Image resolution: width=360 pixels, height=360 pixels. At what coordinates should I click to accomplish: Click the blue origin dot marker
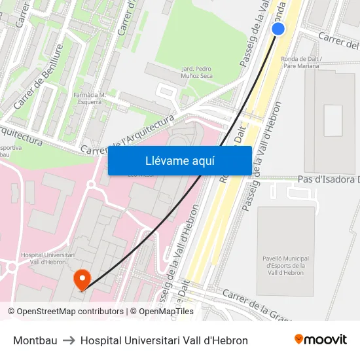point(278,29)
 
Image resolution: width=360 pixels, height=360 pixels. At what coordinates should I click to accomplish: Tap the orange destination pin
point(82,280)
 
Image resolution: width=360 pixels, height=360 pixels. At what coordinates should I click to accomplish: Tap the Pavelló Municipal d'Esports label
point(285,265)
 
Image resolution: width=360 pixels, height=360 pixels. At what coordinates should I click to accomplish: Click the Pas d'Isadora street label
point(328,179)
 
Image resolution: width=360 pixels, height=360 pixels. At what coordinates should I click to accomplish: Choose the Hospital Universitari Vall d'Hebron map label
point(48,259)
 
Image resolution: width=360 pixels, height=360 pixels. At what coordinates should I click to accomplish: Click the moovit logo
point(320,340)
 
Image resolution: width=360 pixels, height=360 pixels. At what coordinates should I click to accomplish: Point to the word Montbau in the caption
point(35,340)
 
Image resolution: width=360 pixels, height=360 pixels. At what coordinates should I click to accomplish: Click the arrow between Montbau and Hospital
point(69,340)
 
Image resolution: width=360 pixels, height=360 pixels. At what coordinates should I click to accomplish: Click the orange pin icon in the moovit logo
point(299,339)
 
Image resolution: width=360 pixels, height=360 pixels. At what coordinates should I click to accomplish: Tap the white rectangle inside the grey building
point(333,120)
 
